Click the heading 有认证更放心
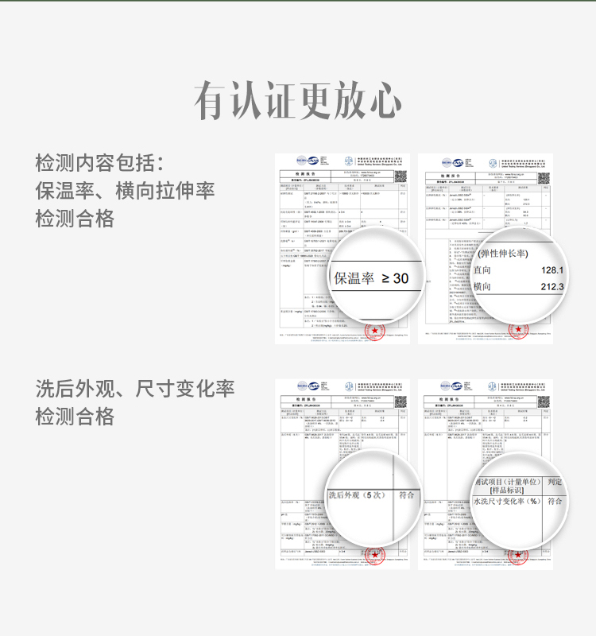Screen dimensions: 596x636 (298, 101)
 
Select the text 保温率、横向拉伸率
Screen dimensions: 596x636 (125, 192)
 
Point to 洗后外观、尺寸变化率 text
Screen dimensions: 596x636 (135, 389)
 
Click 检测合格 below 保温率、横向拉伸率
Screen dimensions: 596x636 (75, 219)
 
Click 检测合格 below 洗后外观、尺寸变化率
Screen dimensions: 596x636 (75, 417)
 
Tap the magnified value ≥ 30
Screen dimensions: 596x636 (395, 278)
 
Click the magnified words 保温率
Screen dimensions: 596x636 (354, 278)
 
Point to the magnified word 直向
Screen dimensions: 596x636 (482, 270)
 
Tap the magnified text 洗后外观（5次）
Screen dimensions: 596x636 (357, 495)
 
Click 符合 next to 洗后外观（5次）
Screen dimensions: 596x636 (406, 494)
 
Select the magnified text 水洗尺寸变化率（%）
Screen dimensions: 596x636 (506, 502)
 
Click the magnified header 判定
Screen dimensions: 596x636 (555, 482)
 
